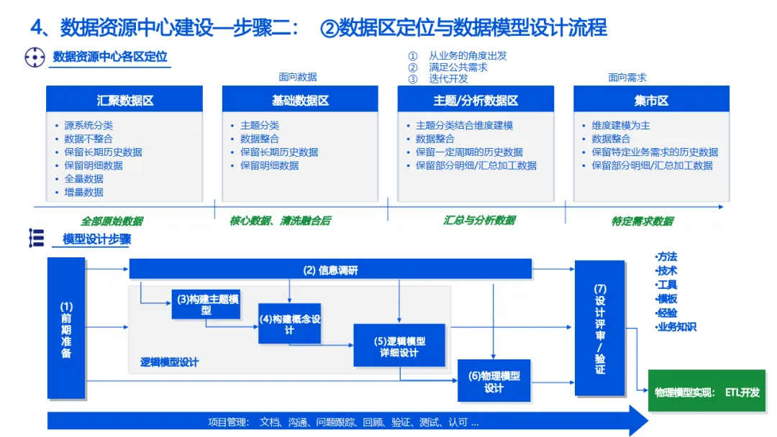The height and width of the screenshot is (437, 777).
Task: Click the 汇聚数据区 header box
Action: click(x=124, y=100)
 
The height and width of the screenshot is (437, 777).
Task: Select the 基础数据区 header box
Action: click(x=300, y=100)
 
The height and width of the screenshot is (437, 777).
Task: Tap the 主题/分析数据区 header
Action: click(x=476, y=100)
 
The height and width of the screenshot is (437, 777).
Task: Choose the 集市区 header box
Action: click(x=651, y=100)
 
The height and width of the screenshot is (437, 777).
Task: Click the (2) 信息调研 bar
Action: click(x=330, y=270)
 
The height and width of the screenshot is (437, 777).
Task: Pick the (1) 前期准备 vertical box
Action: click(x=66, y=328)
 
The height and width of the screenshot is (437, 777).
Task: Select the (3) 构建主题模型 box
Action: click(x=206, y=304)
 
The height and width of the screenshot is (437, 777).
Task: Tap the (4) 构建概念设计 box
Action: click(x=289, y=323)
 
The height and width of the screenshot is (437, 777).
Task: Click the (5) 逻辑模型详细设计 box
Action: click(x=399, y=346)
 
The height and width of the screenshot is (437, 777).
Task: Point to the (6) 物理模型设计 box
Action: click(x=494, y=381)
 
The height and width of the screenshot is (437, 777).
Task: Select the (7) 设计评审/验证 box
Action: click(x=599, y=328)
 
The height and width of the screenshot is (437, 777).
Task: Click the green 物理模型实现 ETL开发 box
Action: click(x=706, y=392)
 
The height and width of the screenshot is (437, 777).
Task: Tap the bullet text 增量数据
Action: click(x=83, y=192)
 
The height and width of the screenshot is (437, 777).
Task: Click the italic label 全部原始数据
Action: click(x=112, y=221)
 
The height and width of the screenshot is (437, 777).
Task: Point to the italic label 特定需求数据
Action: click(x=642, y=221)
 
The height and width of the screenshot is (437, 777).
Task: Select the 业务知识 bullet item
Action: click(x=677, y=327)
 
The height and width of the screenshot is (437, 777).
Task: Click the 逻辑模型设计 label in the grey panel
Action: click(x=169, y=362)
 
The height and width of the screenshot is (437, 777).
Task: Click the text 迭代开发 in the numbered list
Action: click(x=448, y=79)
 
